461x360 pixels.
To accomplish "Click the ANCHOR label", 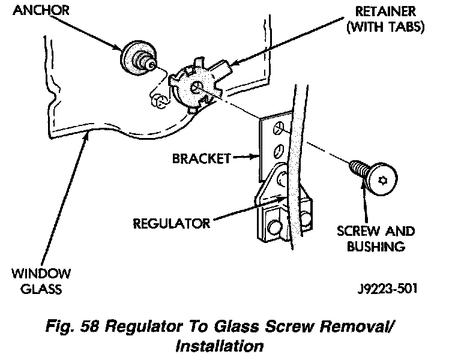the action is click(x=41, y=10).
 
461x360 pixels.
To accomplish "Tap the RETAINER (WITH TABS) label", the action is click(x=385, y=19).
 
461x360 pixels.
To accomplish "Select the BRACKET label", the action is click(x=202, y=158).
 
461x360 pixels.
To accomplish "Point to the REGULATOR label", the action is click(x=172, y=224).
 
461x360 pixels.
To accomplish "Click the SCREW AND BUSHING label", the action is click(x=376, y=239).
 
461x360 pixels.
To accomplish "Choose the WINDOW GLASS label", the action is click(x=41, y=281).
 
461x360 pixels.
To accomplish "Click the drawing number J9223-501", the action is click(x=388, y=289).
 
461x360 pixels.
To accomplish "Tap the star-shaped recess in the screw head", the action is click(x=382, y=181).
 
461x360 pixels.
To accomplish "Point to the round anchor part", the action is click(x=138, y=58).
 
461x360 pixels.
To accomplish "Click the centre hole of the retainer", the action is click(x=195, y=87).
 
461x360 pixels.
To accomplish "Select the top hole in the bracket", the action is click(x=278, y=128).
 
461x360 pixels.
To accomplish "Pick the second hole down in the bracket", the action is click(x=278, y=151).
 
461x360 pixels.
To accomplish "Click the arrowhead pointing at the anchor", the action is click(x=117, y=47).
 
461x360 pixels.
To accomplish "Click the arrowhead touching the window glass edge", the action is click(x=86, y=136).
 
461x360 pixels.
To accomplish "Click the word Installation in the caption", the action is click(x=220, y=346).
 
